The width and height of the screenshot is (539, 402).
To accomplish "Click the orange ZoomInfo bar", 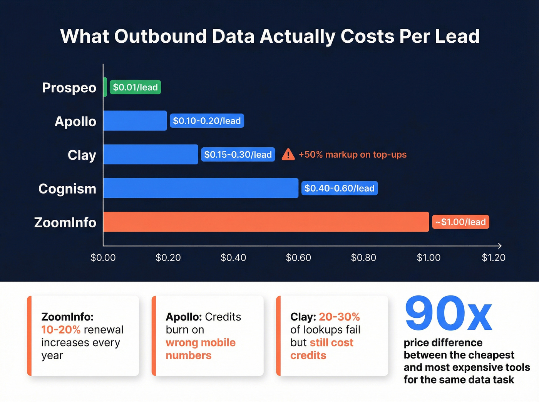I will click(266, 222).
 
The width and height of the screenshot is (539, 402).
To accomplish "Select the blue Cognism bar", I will click(201, 188).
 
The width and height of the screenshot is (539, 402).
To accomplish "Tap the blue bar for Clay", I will click(151, 154).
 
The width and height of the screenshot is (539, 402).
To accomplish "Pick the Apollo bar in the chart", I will click(135, 121).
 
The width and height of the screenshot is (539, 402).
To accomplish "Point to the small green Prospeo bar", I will click(105, 87).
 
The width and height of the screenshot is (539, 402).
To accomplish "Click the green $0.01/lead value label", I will click(135, 87).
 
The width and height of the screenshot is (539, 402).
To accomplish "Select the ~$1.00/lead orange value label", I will click(460, 222).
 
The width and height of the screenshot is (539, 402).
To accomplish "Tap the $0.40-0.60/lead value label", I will click(339, 188).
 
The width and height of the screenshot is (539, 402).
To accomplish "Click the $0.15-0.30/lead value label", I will click(238, 155).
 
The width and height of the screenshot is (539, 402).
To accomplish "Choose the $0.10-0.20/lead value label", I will click(207, 121).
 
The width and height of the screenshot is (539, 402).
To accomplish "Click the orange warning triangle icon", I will click(288, 155).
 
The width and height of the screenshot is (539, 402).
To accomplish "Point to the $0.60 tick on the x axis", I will click(298, 257).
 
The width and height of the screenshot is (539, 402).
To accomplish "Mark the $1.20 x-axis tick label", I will click(494, 257).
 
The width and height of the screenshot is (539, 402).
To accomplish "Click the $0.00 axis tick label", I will click(103, 257).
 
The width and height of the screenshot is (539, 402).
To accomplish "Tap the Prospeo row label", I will click(69, 88).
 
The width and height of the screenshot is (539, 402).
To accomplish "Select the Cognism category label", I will click(67, 189).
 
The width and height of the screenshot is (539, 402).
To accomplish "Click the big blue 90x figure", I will click(449, 314).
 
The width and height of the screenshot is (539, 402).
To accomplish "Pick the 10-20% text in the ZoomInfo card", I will click(61, 330).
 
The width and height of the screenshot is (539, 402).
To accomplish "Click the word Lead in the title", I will click(457, 37).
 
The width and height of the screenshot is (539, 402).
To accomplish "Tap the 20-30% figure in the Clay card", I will click(339, 317).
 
